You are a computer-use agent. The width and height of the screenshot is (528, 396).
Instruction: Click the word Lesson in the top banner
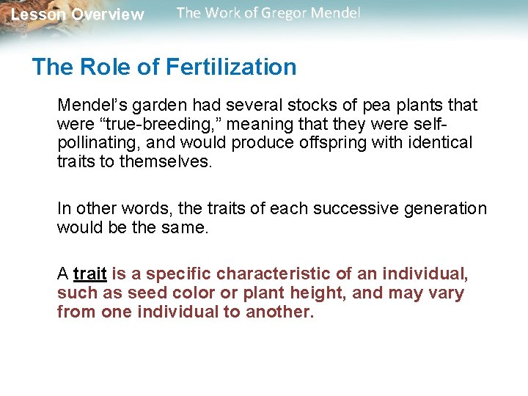[38, 15]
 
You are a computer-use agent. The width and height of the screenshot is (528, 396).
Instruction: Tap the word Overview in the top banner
[108, 15]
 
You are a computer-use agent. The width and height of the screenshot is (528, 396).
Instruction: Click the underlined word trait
[90, 274]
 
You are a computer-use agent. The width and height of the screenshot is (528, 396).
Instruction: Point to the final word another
[279, 312]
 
